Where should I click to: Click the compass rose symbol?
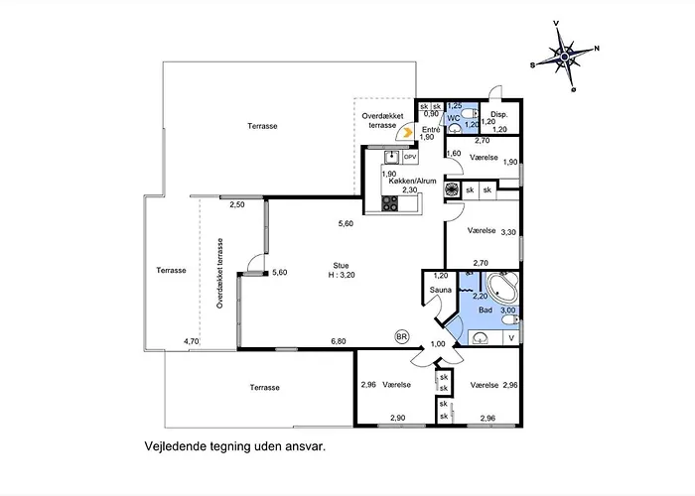tap(565, 57)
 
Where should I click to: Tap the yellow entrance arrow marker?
tap(408, 132)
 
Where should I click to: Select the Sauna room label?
tap(440, 290)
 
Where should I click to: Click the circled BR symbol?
tap(401, 337)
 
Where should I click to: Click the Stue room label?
tap(341, 266)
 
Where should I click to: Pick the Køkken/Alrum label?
tap(412, 182)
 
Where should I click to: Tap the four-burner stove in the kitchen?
tap(390, 203)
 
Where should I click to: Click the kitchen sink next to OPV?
tap(392, 157)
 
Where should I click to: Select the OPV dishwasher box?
tap(410, 157)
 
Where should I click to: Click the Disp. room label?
tap(498, 115)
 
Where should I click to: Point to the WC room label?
tap(454, 118)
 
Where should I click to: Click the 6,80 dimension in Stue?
tap(339, 341)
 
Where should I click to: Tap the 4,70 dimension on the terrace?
tap(191, 341)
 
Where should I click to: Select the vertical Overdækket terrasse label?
tap(219, 273)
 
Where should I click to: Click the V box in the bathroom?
tap(511, 338)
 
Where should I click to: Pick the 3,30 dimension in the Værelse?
tap(508, 231)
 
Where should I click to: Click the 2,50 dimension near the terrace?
tap(237, 204)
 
